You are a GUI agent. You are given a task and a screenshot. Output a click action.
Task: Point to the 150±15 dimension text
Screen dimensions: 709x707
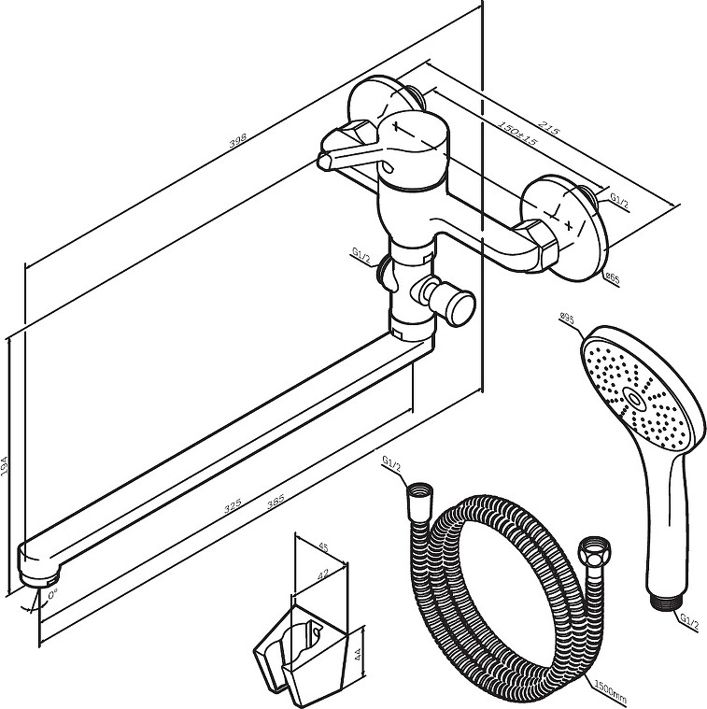click(516, 133)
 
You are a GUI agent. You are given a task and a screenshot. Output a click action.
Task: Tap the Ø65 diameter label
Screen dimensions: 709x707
click(612, 277)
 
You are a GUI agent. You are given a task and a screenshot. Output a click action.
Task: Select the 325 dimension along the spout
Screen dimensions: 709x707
click(233, 504)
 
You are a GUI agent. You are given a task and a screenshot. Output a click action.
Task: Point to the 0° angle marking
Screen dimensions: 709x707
click(51, 594)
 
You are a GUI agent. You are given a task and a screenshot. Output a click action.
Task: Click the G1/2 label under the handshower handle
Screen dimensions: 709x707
click(689, 619)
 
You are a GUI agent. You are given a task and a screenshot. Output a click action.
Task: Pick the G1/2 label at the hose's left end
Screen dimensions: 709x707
click(392, 461)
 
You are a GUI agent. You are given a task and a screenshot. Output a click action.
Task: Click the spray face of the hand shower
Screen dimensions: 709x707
click(640, 392)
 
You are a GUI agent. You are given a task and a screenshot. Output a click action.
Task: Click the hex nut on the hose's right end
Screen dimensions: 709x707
click(590, 551)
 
